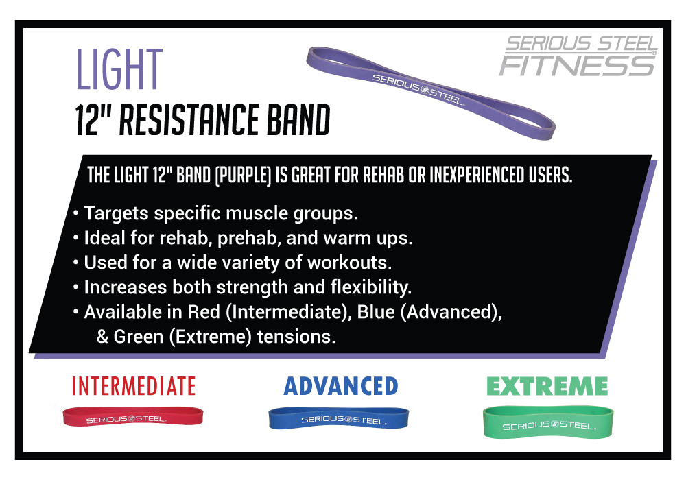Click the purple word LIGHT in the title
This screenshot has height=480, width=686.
pyautogui.click(x=119, y=69)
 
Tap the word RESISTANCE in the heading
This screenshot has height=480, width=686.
pyautogui.click(x=190, y=120)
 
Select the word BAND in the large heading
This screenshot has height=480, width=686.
pyautogui.click(x=298, y=120)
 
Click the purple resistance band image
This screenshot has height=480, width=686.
pyautogui.click(x=431, y=93)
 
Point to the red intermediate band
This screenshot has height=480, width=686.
pyautogui.click(x=133, y=416)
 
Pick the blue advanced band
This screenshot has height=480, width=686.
pyautogui.click(x=339, y=418)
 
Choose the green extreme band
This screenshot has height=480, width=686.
pyautogui.click(x=547, y=422)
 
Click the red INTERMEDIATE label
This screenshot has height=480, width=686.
pyautogui.click(x=134, y=387)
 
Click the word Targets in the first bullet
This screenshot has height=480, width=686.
pyautogui.click(x=117, y=214)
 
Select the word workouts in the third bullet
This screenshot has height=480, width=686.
pyautogui.click(x=349, y=263)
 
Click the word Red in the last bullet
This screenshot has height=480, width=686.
pyautogui.click(x=204, y=312)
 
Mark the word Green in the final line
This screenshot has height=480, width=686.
pyautogui.click(x=139, y=337)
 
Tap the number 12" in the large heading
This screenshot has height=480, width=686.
pyautogui.click(x=93, y=120)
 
